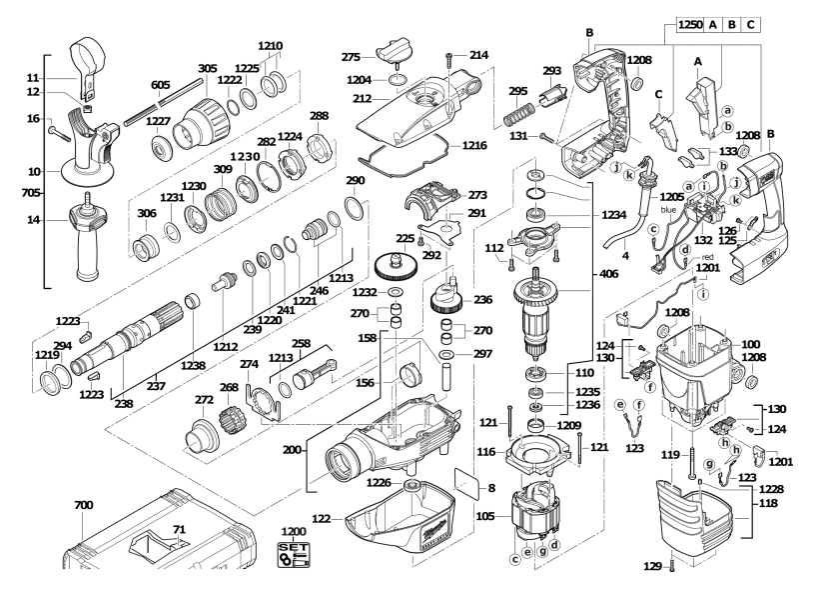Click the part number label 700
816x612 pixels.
tap(84, 507)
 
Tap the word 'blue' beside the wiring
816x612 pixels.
tap(670, 212)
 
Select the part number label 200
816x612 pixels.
tap(292, 451)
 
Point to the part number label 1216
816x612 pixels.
tap(475, 146)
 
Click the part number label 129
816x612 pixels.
tap(652, 567)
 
